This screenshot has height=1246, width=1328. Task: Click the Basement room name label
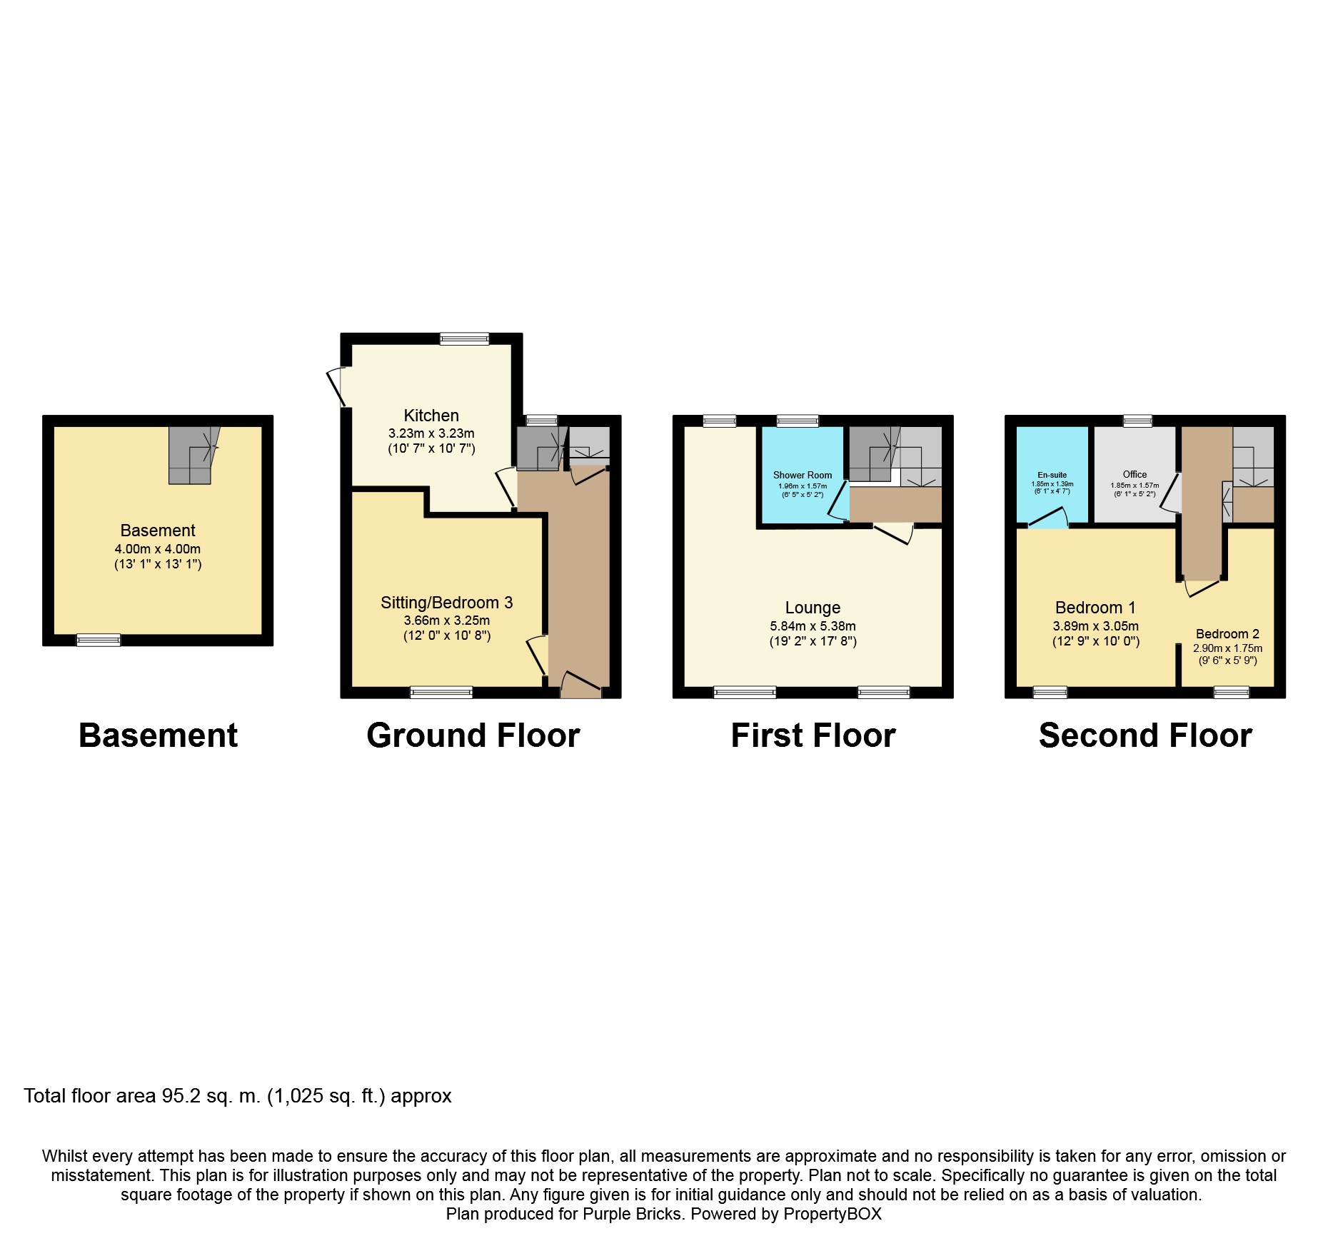[157, 531]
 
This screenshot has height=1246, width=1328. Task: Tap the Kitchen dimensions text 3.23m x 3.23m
[431, 433]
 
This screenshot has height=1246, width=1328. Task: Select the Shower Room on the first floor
[803, 475]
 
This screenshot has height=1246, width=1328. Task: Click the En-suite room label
[1052, 475]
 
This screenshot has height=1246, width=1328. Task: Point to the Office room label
[1135, 474]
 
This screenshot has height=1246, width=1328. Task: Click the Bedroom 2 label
[1227, 634]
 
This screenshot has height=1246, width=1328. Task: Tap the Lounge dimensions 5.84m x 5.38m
[813, 626]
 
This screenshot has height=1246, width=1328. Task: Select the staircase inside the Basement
[191, 456]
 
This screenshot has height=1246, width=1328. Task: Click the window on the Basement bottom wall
[99, 640]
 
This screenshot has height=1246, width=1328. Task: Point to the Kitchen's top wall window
[464, 338]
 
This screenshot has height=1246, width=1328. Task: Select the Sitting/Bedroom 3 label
[446, 603]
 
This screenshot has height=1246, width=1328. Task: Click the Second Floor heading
[1145, 735]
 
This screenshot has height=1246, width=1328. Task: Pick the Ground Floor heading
[473, 735]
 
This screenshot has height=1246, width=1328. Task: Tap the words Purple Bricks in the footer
[631, 1214]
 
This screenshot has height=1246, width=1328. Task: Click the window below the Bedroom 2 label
[1232, 692]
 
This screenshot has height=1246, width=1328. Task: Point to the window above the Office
[1137, 421]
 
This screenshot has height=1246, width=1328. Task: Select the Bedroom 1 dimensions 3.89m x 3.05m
[1095, 626]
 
